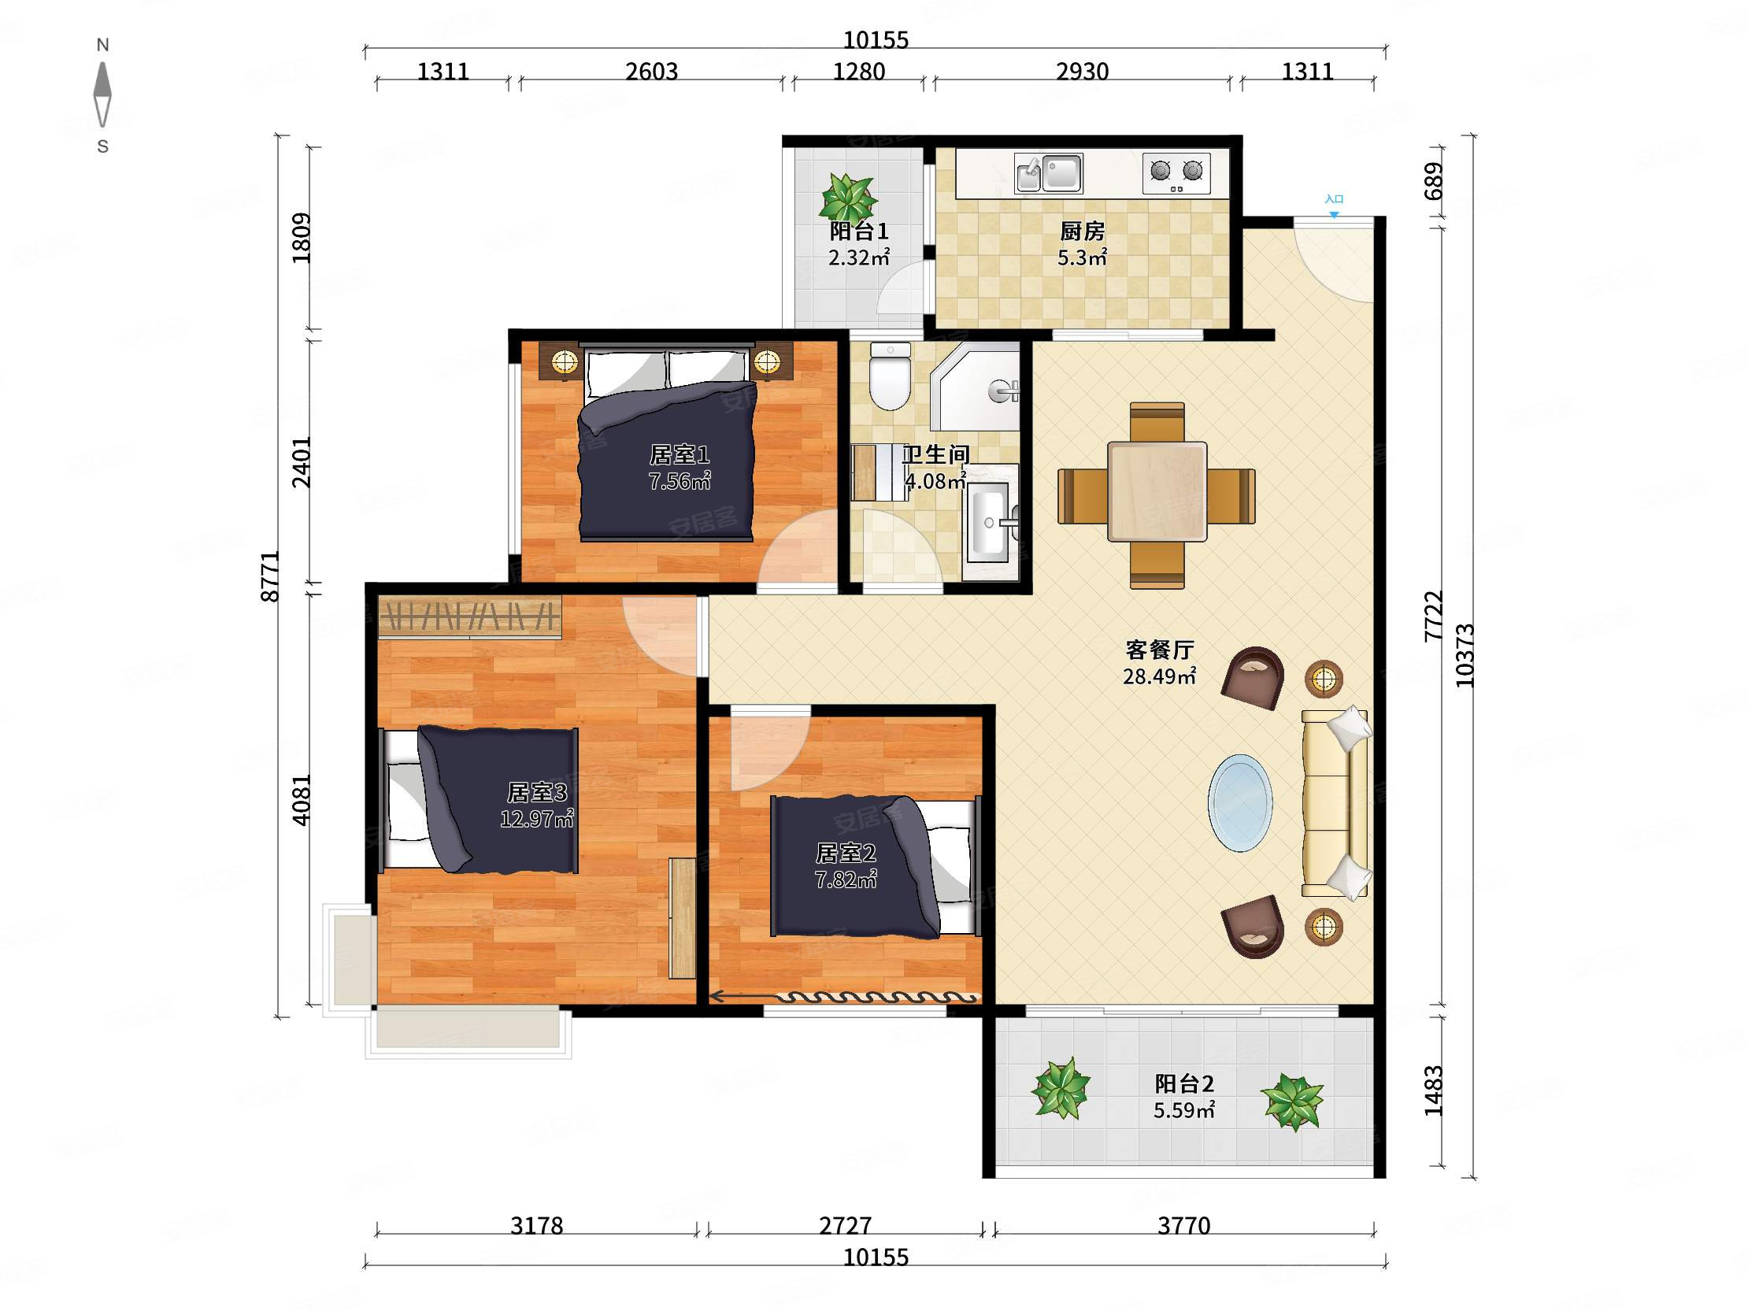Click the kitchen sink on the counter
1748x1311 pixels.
pos(1049,173)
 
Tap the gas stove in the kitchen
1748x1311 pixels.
pos(1176,173)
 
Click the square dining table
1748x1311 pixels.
pos(1157,491)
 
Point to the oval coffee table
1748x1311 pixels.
pos(1240,803)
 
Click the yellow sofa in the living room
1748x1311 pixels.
pos(1335,803)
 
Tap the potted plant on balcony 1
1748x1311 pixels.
pos(848,198)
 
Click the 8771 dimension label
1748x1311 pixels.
pos(270,576)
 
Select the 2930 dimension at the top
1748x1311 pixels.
pos(1083,72)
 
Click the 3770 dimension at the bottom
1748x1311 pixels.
pos(1183,1226)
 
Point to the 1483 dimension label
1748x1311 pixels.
pos(1434,1091)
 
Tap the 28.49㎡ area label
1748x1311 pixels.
pos(1159,676)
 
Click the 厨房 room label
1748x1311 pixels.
pos(1082,231)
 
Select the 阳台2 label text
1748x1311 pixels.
pos(1183,1083)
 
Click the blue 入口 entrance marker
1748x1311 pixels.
pos(1334,206)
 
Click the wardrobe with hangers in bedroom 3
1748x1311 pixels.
pos(469,617)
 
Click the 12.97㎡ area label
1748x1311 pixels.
pos(536,819)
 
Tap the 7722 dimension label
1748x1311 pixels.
pos(1434,616)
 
